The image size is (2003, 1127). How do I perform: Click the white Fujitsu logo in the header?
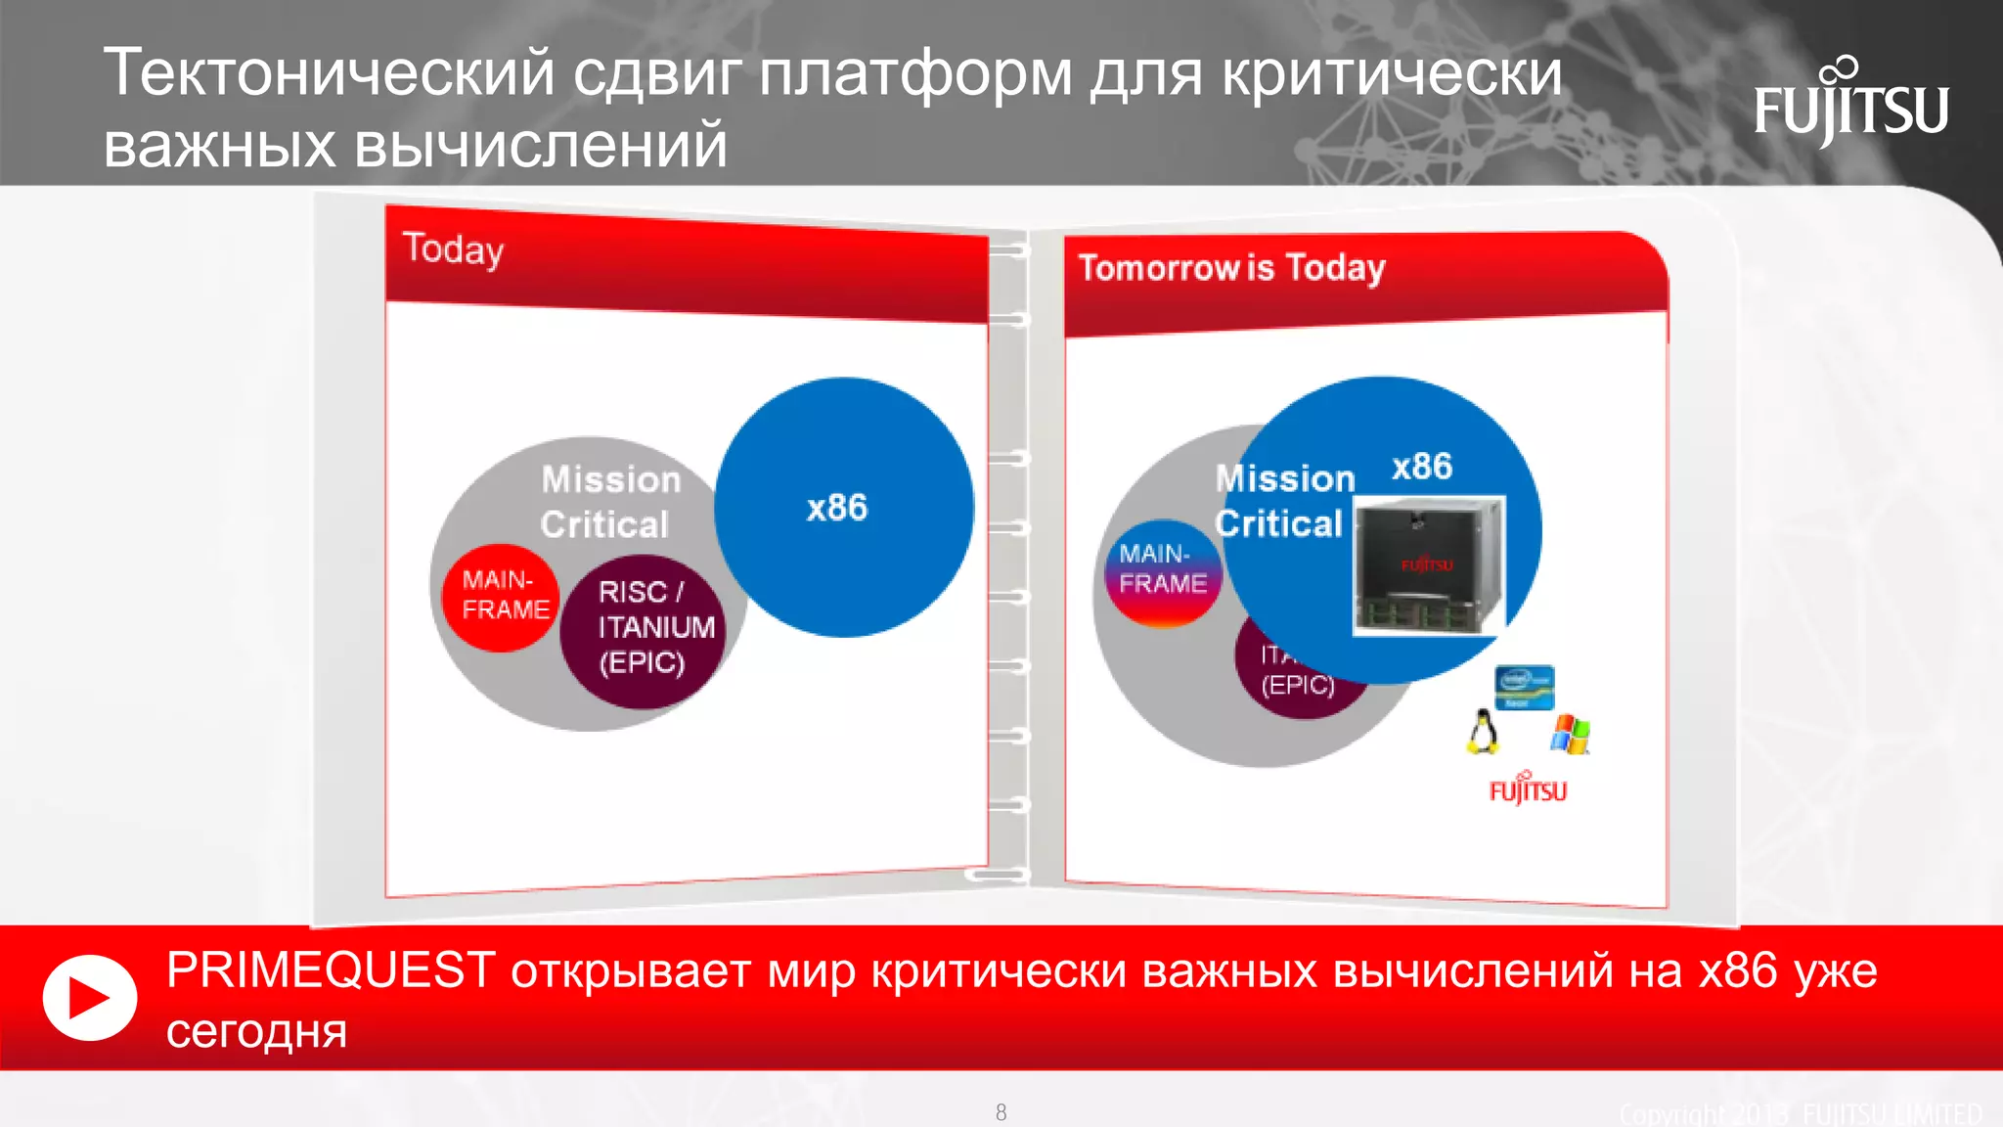(1850, 106)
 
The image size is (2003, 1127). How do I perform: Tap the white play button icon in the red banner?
(89, 997)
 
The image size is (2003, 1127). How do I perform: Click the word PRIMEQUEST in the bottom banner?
(331, 970)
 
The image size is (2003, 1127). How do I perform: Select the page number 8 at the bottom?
(1001, 1112)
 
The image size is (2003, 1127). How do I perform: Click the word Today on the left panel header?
(453, 249)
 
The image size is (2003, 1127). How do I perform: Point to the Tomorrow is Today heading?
(1231, 267)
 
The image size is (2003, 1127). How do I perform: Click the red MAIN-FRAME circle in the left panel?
(502, 597)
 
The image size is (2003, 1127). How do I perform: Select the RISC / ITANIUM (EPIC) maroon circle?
(645, 631)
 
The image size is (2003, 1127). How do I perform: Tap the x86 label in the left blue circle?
(836, 508)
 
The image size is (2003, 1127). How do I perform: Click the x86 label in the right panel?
(1421, 466)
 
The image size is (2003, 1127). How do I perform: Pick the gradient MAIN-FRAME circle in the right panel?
(1162, 571)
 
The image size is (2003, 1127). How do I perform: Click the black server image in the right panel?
(1428, 565)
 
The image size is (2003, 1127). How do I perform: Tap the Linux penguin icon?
(1483, 731)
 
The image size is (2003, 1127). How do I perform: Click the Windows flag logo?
(1570, 734)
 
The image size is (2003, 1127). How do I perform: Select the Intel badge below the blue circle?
(1524, 687)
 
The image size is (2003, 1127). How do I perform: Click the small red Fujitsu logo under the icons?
(1527, 789)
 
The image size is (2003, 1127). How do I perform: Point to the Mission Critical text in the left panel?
(609, 502)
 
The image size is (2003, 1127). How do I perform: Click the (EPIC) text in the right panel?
(1298, 684)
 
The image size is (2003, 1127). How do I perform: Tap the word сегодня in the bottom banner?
(256, 1030)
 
